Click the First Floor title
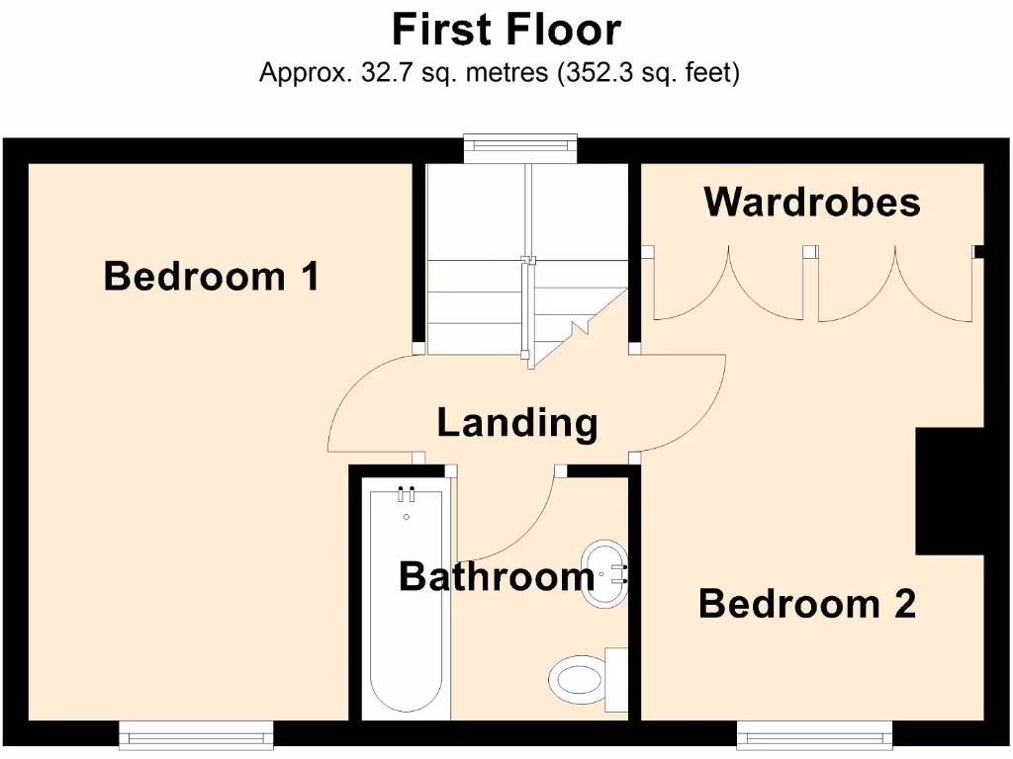(x=506, y=30)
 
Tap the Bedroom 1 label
(x=212, y=276)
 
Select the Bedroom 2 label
(x=806, y=603)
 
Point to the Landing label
(x=517, y=423)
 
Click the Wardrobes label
(x=812, y=203)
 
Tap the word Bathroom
(x=497, y=576)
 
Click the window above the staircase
(x=520, y=145)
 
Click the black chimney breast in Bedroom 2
(x=951, y=491)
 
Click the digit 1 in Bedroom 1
(x=309, y=276)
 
